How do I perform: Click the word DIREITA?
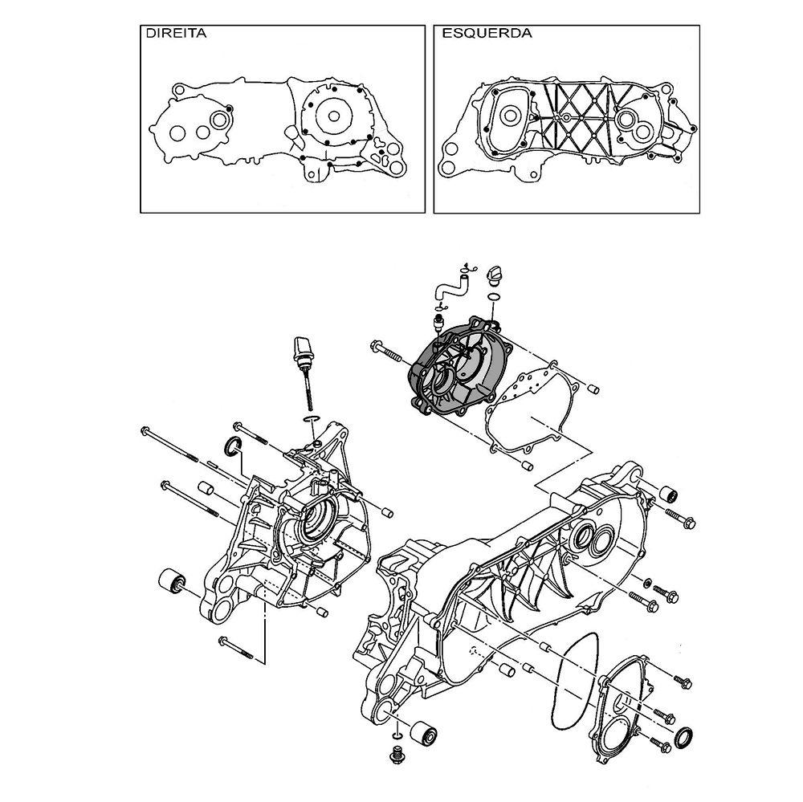pos(176,33)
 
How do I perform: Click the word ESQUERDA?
pos(487,33)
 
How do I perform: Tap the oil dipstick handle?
pos(303,350)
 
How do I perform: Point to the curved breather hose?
pos(450,288)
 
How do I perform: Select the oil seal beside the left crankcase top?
pos(233,446)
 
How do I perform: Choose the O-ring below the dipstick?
pos(312,420)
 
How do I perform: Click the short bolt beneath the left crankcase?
pos(235,647)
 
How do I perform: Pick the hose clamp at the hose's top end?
pos(467,268)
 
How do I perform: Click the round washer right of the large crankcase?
pos(646,582)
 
